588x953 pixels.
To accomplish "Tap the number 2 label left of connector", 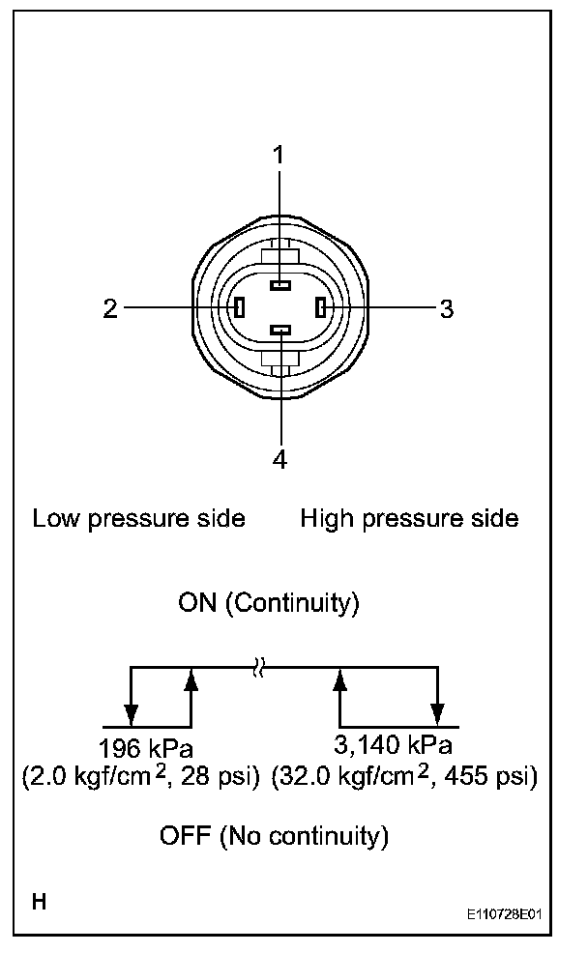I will [111, 308].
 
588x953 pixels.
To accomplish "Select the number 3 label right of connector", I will [446, 309].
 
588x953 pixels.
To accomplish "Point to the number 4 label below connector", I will [279, 459].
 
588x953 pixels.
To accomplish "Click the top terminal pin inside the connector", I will [279, 285].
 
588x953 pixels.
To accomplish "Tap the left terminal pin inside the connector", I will [240, 308].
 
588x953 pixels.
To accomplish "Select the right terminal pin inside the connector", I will [321, 308].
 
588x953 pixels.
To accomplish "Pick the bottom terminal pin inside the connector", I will [279, 332].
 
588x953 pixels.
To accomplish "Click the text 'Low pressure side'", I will [139, 519].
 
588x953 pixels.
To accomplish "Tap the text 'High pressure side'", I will [409, 519].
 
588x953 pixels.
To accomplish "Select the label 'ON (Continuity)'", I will [269, 604].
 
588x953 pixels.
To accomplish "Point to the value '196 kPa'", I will [146, 747].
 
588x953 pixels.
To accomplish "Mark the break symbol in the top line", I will [258, 667].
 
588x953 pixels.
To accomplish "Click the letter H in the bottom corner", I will [39, 903].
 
